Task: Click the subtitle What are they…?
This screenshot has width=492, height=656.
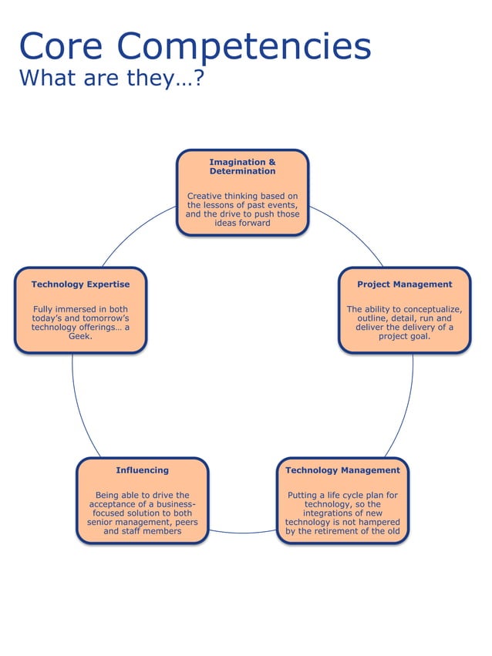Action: click(110, 78)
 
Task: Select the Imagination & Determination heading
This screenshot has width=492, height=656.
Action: click(242, 167)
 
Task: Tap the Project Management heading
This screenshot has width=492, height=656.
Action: click(404, 284)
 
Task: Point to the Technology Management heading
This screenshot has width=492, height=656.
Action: click(342, 470)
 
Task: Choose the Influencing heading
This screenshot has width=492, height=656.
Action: click(142, 470)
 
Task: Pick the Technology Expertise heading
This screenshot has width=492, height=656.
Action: click(80, 284)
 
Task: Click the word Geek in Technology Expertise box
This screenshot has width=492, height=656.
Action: click(80, 337)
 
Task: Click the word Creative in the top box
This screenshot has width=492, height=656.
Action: click(206, 196)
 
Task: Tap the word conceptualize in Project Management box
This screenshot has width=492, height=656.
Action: click(429, 310)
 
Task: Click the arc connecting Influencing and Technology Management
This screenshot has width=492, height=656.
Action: click(242, 533)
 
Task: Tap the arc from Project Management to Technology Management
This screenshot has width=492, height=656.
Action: click(406, 409)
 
